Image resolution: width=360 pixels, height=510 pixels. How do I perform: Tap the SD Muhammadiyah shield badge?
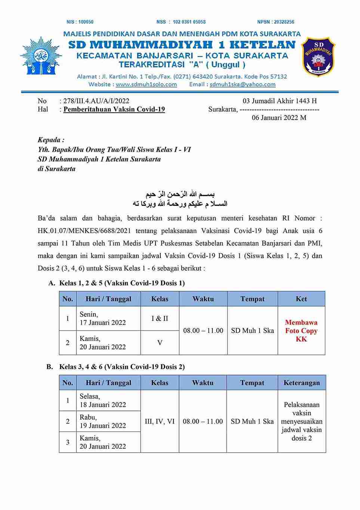[x=318, y=57]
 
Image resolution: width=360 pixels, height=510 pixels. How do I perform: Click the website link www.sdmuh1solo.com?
[x=146, y=85]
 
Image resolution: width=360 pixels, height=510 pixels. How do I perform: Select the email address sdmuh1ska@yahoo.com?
[x=243, y=85]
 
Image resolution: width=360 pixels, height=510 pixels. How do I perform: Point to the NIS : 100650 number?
[x=80, y=22]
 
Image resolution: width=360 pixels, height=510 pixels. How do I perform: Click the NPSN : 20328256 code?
[x=276, y=22]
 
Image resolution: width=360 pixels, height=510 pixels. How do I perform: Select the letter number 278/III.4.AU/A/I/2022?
[x=96, y=101]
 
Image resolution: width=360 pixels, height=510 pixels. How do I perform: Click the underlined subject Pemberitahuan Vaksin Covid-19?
[x=114, y=110]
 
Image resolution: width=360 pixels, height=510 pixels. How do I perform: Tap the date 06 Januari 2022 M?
[x=279, y=118]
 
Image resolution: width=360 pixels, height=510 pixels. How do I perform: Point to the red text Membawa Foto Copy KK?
[x=301, y=331]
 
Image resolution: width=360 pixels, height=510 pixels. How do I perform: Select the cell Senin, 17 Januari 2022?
[x=102, y=319]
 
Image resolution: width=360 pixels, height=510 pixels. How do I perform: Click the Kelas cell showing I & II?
[x=160, y=319]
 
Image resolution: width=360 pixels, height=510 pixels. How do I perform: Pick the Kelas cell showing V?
[x=160, y=342]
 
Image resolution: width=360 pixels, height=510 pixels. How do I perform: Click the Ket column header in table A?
[x=301, y=299]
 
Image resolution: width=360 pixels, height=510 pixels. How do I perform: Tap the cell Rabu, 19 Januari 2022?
[x=102, y=421]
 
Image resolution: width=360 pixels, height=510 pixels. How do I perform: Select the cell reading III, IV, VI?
[x=160, y=421]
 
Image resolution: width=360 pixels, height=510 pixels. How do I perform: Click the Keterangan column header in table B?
[x=302, y=382]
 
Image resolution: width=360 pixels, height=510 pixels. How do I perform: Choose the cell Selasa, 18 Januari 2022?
[x=102, y=400]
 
